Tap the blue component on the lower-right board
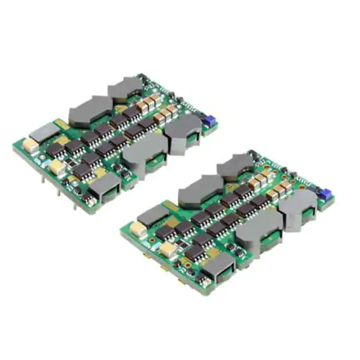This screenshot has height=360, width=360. (x=325, y=195)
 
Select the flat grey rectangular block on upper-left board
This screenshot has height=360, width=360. (x=43, y=133)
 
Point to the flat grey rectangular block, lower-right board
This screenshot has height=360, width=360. (x=154, y=214)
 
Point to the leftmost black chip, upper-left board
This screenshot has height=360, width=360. (x=54, y=151)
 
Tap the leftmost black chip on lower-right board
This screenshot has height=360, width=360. (x=164, y=231)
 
